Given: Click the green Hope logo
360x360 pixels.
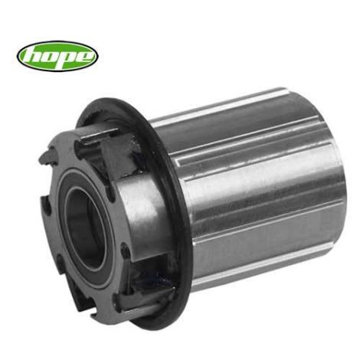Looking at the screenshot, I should pyautogui.click(x=57, y=55).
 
